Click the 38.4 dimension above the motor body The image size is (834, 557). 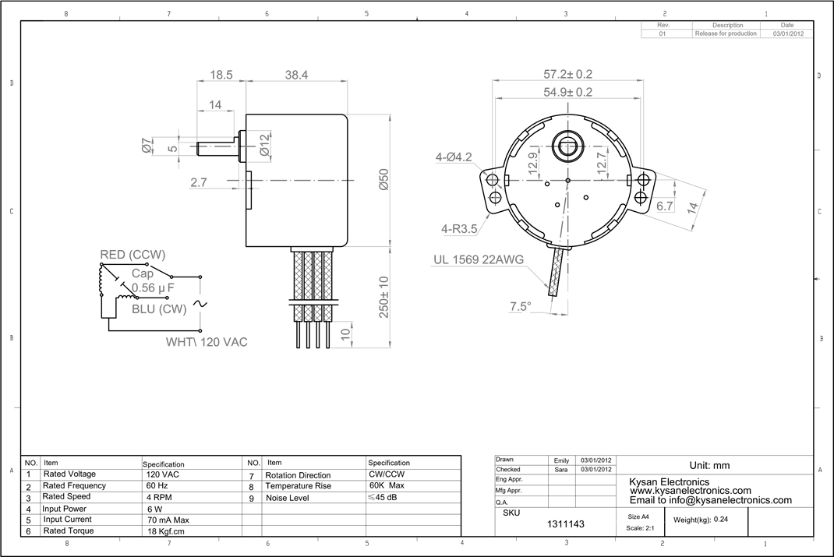click(x=296, y=76)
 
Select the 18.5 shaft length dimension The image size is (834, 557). click(x=221, y=76)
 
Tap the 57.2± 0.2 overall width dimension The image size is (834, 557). click(x=567, y=75)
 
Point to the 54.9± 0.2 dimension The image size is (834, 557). click(x=567, y=92)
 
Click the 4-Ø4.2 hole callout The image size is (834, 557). click(x=454, y=157)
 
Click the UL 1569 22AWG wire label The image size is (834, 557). click(x=478, y=260)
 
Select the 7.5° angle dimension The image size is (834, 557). click(x=520, y=307)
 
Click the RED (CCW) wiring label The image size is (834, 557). click(x=133, y=256)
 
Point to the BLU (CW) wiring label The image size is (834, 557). click(x=158, y=308)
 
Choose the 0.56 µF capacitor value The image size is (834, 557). click(x=152, y=288)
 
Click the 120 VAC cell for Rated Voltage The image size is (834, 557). click(x=162, y=474)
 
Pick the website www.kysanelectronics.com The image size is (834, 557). click(x=690, y=491)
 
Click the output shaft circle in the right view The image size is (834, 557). click(x=567, y=144)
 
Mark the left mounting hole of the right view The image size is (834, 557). click(x=493, y=181)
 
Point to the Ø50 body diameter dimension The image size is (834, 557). click(x=384, y=180)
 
